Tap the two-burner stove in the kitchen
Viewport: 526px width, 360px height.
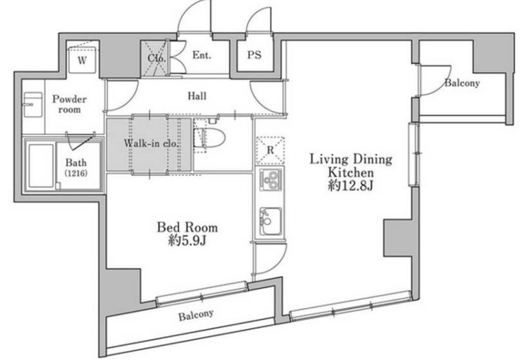pos(271,179)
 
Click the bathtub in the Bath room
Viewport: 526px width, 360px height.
pos(41,166)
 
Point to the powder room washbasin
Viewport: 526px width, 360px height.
pos(33,104)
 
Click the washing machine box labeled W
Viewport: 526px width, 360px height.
pos(82,60)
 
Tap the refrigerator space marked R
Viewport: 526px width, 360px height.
pos(271,150)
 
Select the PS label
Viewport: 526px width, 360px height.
pos(254,55)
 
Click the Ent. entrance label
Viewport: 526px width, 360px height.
pos(202,55)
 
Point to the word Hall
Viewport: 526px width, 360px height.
pos(197,96)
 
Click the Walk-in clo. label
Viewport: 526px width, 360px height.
pos(151,144)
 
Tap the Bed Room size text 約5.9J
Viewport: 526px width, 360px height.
pos(187,240)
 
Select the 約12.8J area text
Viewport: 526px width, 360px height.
pos(351,185)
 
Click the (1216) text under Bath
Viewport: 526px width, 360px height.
pos(76,173)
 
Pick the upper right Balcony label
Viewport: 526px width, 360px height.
pos(462,83)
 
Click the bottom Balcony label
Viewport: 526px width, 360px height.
pos(196,315)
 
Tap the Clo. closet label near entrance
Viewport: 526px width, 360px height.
pos(157,58)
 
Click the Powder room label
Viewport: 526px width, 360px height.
pos(69,104)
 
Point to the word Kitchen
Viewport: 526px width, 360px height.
pos(351,172)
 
